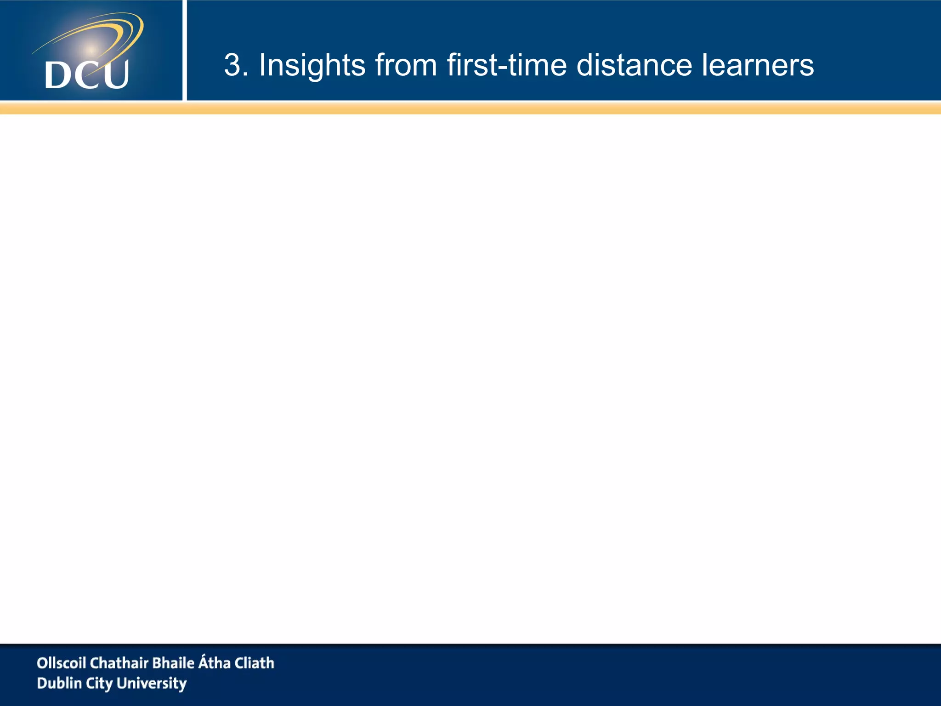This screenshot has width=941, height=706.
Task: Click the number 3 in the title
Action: (232, 65)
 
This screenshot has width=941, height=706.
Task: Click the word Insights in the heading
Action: (312, 65)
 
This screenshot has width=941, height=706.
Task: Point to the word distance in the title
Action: (634, 65)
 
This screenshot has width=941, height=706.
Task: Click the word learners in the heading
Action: (758, 65)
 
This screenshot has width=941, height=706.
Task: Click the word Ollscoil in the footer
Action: (61, 663)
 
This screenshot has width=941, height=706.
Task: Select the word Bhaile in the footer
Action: (173, 663)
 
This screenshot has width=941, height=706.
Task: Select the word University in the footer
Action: (152, 683)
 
